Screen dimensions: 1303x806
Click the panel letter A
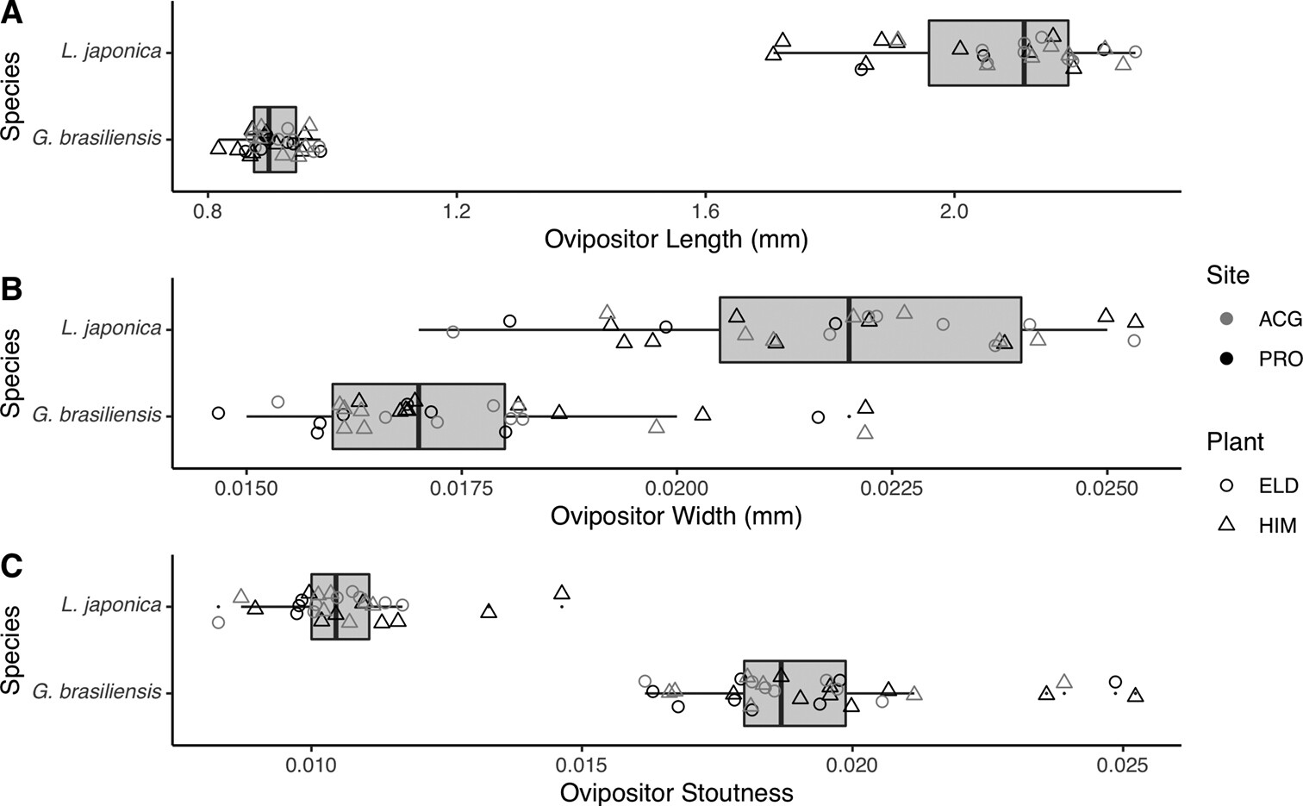coord(11,13)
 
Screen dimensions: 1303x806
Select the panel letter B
coord(11,290)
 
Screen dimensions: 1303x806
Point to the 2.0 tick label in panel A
coord(954,211)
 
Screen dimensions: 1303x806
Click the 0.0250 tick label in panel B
coord(1107,488)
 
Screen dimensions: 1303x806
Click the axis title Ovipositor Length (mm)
coord(676,240)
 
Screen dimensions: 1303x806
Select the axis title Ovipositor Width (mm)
coord(676,516)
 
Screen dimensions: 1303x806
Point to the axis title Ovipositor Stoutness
coord(676,792)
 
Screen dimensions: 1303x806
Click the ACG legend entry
coord(1262,318)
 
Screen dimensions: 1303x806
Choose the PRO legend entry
coord(1262,359)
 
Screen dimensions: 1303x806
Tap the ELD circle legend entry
coord(1262,485)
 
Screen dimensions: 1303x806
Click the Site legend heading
coord(1228,275)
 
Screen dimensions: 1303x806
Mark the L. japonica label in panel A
coord(112,51)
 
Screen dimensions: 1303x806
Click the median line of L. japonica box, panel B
coord(850,329)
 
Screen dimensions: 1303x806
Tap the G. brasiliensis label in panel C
coord(97,692)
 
